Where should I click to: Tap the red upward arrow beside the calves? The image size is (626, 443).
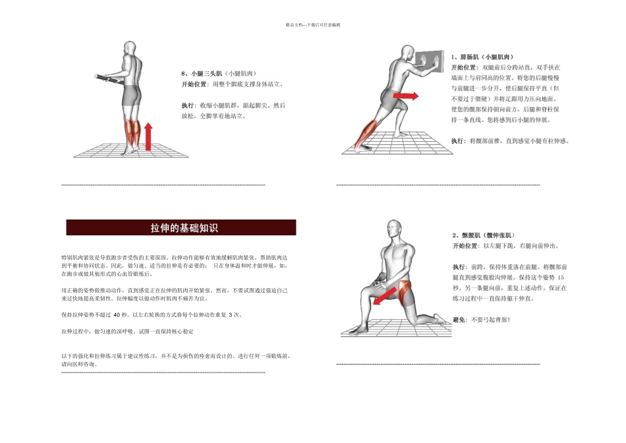pyautogui.click(x=148, y=136)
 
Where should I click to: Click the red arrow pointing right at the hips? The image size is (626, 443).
pyautogui.click(x=406, y=96)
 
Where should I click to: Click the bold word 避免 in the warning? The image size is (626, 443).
pyautogui.click(x=459, y=320)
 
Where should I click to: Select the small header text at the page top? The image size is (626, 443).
pyautogui.click(x=312, y=24)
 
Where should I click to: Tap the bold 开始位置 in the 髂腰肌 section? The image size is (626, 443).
pyautogui.click(x=465, y=246)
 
